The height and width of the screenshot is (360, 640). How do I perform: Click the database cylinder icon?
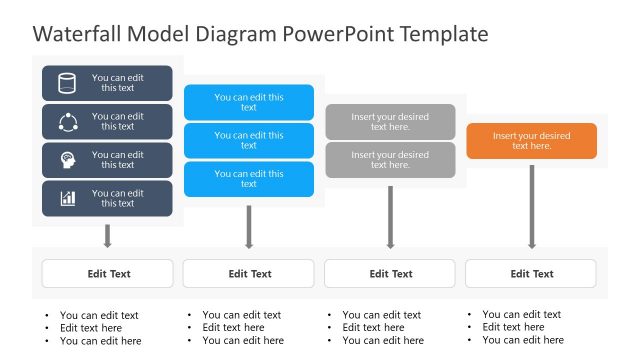67,83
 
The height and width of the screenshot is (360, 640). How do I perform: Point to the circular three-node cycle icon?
67,122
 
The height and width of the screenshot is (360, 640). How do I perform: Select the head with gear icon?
67,160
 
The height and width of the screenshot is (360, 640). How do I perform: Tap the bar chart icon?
67,198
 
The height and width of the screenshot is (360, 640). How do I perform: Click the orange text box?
531,141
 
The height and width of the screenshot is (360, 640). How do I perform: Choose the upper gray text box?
390,122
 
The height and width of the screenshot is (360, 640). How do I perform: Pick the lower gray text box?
390,160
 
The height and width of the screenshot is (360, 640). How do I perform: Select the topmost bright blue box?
249,102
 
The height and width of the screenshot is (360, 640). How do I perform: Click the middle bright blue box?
249,140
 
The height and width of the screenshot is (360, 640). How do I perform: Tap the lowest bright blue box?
249,178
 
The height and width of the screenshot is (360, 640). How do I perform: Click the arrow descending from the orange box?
531,205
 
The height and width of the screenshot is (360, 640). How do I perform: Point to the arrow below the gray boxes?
390,216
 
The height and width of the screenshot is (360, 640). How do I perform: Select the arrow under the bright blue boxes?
249,225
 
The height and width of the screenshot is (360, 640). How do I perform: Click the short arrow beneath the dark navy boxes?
107,236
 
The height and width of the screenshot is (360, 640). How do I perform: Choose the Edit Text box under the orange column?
531,273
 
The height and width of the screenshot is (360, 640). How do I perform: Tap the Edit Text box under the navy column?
107,273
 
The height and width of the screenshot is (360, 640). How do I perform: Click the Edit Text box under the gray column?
390,273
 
